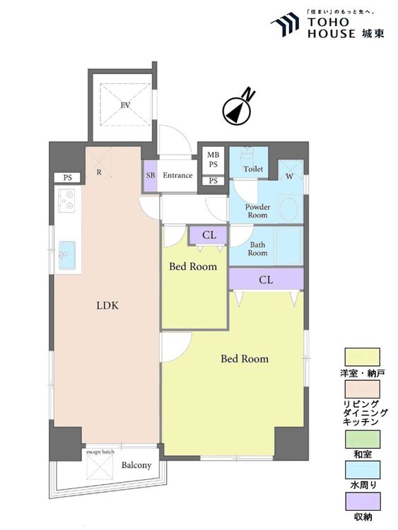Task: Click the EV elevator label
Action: (x=125, y=105)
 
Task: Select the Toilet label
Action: (x=253, y=169)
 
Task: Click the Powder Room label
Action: (x=257, y=211)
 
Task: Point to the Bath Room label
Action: (x=257, y=249)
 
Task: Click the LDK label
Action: (x=107, y=306)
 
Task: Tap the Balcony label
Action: (x=136, y=466)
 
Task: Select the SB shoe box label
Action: (x=151, y=175)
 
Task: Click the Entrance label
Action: (x=177, y=175)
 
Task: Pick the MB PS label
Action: (x=213, y=160)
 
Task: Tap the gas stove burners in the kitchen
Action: (x=66, y=201)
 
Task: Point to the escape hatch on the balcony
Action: (x=100, y=466)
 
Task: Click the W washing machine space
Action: (x=290, y=171)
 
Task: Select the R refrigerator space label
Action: (x=99, y=172)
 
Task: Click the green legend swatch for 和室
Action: (x=363, y=439)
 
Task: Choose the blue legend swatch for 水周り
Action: (x=363, y=470)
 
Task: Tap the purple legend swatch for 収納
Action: (x=363, y=501)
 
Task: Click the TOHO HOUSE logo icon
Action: (x=285, y=24)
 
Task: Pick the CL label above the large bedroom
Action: (x=266, y=280)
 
